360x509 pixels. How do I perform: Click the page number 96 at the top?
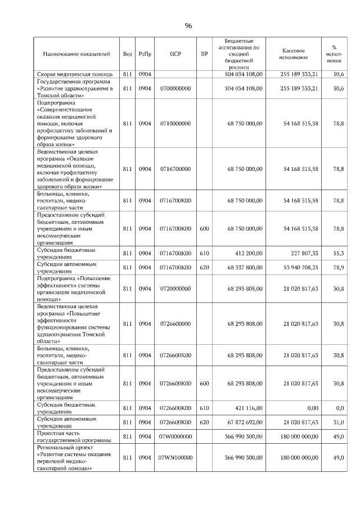point(188,26)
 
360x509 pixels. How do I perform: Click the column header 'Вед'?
point(128,54)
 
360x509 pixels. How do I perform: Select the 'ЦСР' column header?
point(174,54)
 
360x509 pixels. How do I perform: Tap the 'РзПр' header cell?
point(145,54)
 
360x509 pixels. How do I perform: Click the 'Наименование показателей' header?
point(76,54)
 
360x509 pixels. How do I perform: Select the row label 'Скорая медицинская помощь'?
point(75,74)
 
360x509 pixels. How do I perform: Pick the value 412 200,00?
point(247,253)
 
